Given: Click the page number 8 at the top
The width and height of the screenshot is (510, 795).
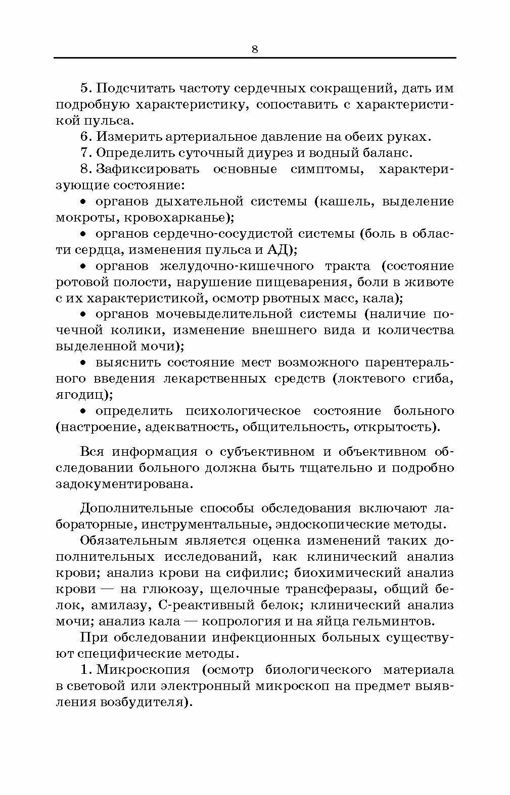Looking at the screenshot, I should point(254,49).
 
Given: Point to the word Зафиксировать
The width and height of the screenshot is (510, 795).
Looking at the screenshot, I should point(148,169).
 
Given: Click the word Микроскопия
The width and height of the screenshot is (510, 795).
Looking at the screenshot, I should point(143,670).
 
